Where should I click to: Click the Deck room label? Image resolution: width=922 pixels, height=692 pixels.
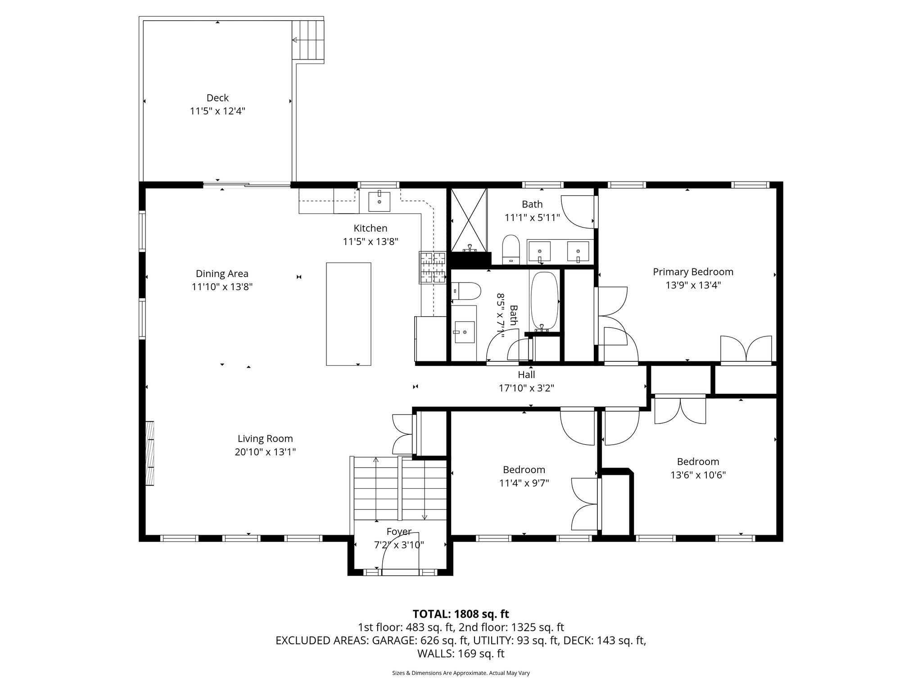click(217, 98)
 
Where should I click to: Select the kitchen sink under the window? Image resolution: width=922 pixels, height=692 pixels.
click(379, 201)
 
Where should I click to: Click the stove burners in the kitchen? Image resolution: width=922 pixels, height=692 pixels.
click(433, 268)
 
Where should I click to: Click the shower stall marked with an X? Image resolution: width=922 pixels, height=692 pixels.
click(469, 220)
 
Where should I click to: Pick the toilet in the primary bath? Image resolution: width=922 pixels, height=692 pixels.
click(511, 249)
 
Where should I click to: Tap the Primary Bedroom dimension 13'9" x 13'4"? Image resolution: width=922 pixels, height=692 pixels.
click(693, 285)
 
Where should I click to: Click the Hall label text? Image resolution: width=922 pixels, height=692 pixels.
click(526, 375)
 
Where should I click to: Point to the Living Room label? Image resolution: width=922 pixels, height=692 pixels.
click(265, 439)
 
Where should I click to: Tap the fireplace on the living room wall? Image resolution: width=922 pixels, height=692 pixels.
click(149, 453)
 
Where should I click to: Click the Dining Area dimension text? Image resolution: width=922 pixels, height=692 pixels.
click(222, 287)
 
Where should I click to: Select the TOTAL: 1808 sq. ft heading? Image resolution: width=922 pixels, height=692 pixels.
click(461, 614)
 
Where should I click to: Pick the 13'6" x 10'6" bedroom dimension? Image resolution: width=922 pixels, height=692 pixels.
click(698, 475)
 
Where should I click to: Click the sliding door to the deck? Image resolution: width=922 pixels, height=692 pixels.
click(246, 184)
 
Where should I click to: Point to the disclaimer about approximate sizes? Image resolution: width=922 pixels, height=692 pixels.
click(461, 673)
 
